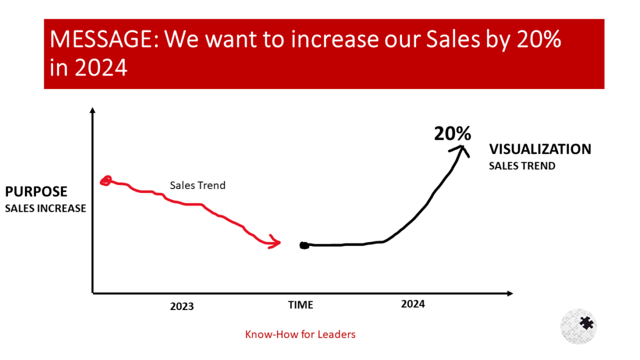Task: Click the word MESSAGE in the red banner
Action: (101, 40)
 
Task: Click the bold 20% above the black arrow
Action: (452, 133)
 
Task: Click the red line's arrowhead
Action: (275, 243)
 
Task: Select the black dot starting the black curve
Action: (303, 245)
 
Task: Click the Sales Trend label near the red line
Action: (197, 186)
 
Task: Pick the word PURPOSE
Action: (36, 191)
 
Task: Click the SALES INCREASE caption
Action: (45, 208)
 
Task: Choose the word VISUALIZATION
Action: (539, 149)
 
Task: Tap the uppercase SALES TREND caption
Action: (522, 166)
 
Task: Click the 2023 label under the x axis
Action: (182, 306)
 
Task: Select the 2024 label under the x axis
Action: (413, 304)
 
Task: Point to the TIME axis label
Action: (300, 305)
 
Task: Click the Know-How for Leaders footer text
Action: (300, 334)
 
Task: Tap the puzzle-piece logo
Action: (579, 325)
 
